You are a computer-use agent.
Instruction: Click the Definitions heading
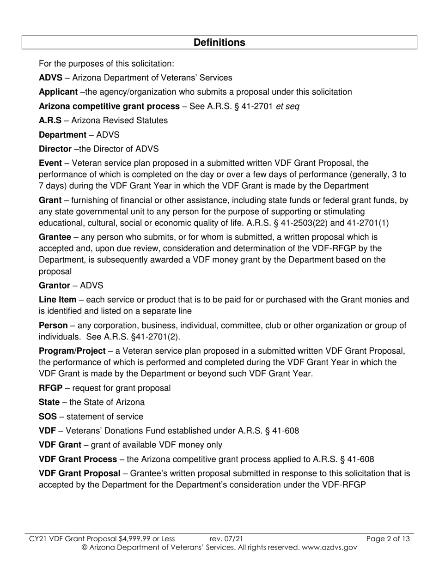[x=219, y=42]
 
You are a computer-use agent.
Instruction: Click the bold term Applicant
[x=58, y=92]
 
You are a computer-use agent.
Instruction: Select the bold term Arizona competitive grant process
[x=109, y=106]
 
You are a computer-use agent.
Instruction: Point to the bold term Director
[x=55, y=149]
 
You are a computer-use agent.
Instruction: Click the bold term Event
[x=50, y=163]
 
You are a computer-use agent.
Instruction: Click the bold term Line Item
[x=57, y=300]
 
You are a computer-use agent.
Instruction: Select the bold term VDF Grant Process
[x=78, y=459]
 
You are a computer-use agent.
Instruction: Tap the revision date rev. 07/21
[x=226, y=538]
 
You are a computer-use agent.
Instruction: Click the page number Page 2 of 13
[x=388, y=538]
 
